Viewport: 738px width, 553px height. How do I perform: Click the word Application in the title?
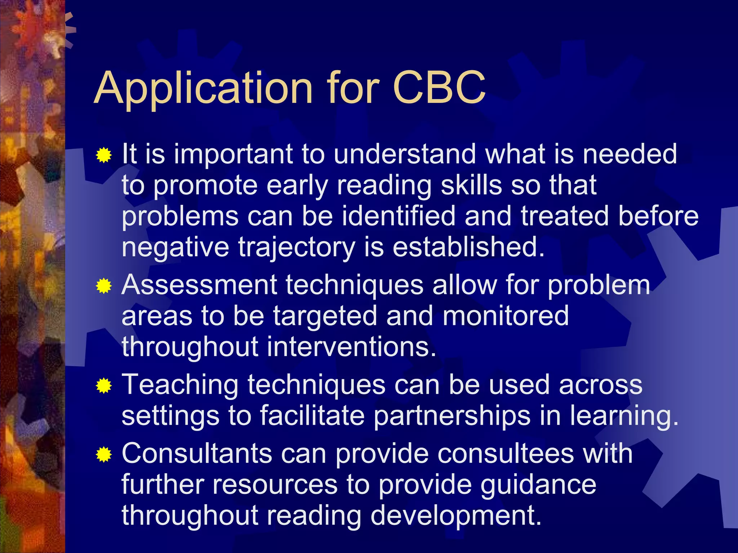coord(203,89)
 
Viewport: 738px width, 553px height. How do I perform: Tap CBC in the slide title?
coord(439,88)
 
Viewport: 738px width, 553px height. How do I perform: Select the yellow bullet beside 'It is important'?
coord(104,156)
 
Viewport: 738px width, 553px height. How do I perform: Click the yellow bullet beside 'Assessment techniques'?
coord(104,287)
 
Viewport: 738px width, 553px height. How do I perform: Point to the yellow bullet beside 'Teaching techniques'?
coord(104,386)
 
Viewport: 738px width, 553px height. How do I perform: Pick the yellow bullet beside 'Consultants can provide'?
coord(104,454)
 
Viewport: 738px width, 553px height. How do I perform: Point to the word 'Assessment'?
coord(199,285)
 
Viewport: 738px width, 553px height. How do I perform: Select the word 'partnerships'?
coord(452,416)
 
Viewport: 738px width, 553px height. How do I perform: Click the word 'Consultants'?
coord(197,454)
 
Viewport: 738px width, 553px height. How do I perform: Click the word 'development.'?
coord(456,516)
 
